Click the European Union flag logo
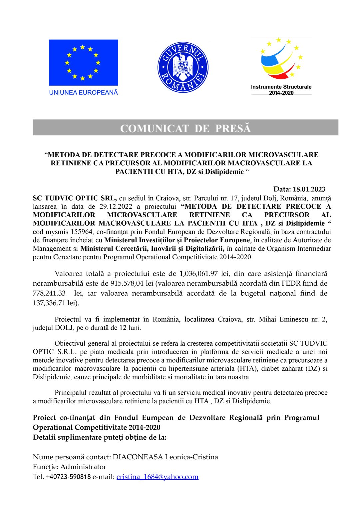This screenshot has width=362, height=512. [x=83, y=63]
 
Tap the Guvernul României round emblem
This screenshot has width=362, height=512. [x=183, y=67]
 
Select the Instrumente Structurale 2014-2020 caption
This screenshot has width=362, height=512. [x=281, y=90]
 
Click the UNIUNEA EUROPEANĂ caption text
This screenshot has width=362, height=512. [x=83, y=92]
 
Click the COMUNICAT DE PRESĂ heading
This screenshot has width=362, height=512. [x=185, y=128]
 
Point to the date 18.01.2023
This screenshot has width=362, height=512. [x=309, y=189]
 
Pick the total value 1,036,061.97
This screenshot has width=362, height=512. [x=198, y=274]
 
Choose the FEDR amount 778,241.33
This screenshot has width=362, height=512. [x=49, y=293]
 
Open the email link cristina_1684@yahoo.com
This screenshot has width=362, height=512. [x=157, y=477]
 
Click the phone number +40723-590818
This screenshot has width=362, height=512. [x=68, y=477]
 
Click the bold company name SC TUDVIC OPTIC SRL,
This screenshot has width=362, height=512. [x=75, y=198]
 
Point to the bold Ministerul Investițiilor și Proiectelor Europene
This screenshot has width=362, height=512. [x=177, y=240]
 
